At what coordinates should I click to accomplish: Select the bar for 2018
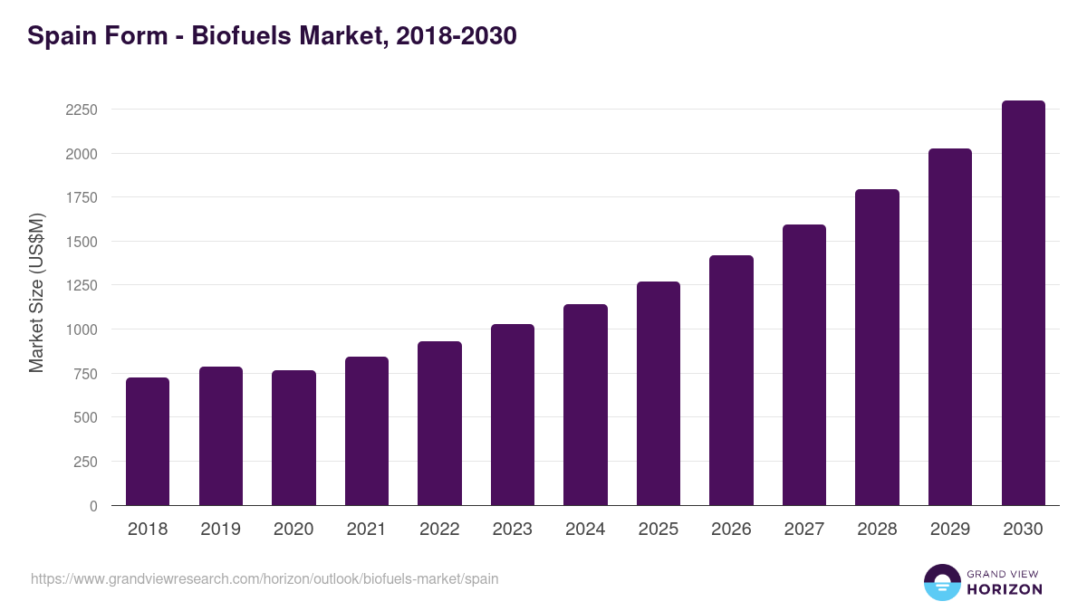tap(148, 442)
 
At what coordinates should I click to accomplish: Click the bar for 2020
tap(293, 438)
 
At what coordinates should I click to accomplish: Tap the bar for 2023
tap(513, 415)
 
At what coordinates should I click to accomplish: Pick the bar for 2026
tap(731, 380)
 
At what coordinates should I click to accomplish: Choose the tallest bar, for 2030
tap(1023, 303)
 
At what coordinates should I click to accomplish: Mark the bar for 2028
tap(877, 348)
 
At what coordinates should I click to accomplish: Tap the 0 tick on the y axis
tap(92, 506)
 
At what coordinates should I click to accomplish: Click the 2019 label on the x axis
tap(220, 530)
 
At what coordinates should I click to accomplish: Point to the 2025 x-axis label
tap(658, 530)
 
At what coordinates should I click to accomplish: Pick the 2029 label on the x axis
tap(950, 530)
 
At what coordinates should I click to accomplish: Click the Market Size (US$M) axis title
tap(36, 293)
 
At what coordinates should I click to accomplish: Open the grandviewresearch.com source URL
tap(265, 578)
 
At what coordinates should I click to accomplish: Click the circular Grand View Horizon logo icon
tap(941, 582)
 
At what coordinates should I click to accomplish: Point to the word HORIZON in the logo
tap(1005, 589)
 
